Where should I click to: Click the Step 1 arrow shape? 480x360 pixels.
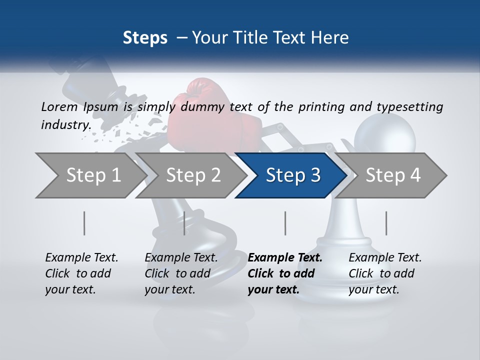(x=93, y=175)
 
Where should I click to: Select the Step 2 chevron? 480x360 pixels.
(x=193, y=175)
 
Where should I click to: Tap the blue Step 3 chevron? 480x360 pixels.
(x=293, y=175)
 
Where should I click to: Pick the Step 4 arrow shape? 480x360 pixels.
(x=393, y=175)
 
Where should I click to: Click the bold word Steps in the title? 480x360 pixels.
(x=145, y=37)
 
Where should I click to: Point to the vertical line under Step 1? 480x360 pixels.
(x=84, y=223)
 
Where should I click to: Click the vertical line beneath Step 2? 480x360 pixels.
(x=184, y=223)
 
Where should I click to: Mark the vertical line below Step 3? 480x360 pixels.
(x=285, y=223)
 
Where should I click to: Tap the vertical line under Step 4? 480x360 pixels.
(x=386, y=223)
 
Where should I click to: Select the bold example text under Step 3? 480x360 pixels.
(x=285, y=273)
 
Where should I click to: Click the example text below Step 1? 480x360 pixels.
(x=81, y=273)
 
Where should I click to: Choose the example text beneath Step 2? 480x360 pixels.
(x=181, y=273)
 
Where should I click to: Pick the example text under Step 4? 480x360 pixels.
(x=385, y=273)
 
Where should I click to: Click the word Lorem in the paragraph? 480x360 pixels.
(x=59, y=106)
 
